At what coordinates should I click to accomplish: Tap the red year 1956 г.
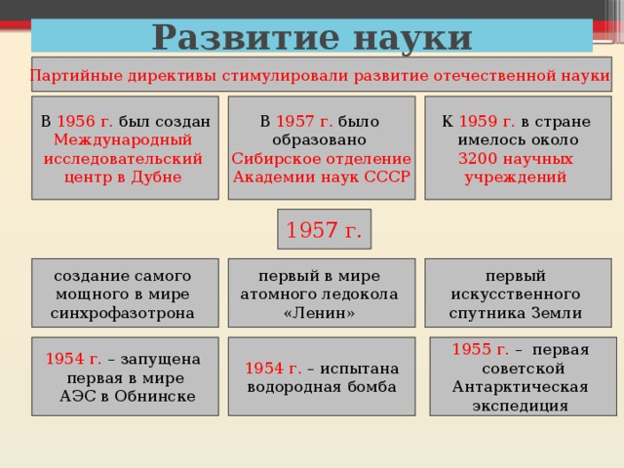pos(86,122)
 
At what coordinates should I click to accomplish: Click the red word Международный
pos(124,139)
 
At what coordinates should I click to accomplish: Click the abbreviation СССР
pos(387,176)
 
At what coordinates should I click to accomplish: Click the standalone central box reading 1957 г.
pos(324,231)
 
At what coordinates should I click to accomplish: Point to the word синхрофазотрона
pos(124,313)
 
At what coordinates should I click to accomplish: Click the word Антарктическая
pos(520,387)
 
